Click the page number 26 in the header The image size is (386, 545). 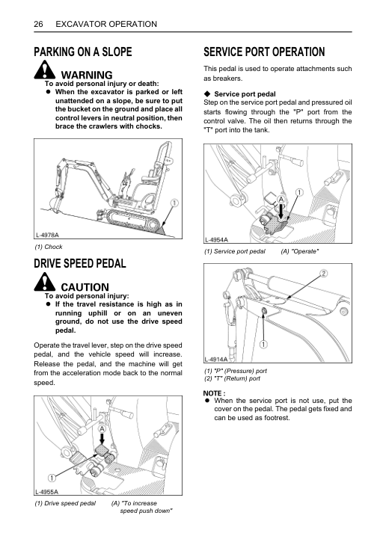pyautogui.click(x=38, y=24)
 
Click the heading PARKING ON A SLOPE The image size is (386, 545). pyautogui.click(x=83, y=52)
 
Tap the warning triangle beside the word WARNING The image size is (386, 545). pyautogui.click(x=45, y=70)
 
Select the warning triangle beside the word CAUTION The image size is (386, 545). pyautogui.click(x=45, y=282)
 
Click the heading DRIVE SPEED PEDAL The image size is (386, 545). pyautogui.click(x=80, y=263)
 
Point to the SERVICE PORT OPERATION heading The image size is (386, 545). pyautogui.click(x=264, y=52)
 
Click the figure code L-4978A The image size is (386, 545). pyautogui.click(x=47, y=235)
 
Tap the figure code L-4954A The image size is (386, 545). pyautogui.click(x=216, y=239)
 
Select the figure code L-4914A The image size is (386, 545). pyautogui.click(x=216, y=359)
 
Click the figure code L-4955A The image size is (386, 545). pyautogui.click(x=47, y=491)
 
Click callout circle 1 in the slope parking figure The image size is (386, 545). pyautogui.click(x=174, y=203)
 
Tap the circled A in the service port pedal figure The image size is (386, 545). pyautogui.click(x=281, y=200)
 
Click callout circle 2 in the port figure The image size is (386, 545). pyautogui.click(x=323, y=274)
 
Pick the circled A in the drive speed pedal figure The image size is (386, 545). pyautogui.click(x=102, y=429)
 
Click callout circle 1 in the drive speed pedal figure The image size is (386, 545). pyautogui.click(x=52, y=478)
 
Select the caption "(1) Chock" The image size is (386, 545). pyautogui.click(x=49, y=247)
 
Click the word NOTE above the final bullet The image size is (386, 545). pyautogui.click(x=212, y=393)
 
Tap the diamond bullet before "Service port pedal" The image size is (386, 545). pyautogui.click(x=208, y=94)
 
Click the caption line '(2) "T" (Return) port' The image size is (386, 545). pyautogui.click(x=232, y=378)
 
